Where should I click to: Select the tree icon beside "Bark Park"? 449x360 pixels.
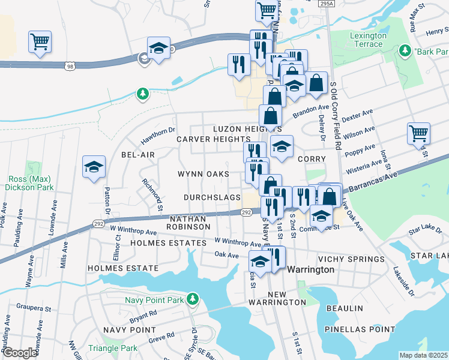click(x=406, y=50)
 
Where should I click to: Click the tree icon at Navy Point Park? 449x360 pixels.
click(x=191, y=298)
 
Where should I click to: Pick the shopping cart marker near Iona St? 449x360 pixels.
click(x=418, y=134)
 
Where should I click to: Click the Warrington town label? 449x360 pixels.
click(x=310, y=270)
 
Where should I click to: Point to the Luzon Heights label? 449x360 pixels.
click(x=246, y=129)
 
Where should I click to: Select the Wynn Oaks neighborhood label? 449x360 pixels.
click(x=203, y=174)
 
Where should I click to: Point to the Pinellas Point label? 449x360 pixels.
click(x=359, y=329)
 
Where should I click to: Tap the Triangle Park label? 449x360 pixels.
click(x=112, y=348)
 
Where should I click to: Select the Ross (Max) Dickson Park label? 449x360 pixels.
click(x=29, y=183)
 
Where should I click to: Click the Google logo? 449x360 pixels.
click(x=20, y=353)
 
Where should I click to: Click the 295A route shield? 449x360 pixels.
click(x=326, y=4)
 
